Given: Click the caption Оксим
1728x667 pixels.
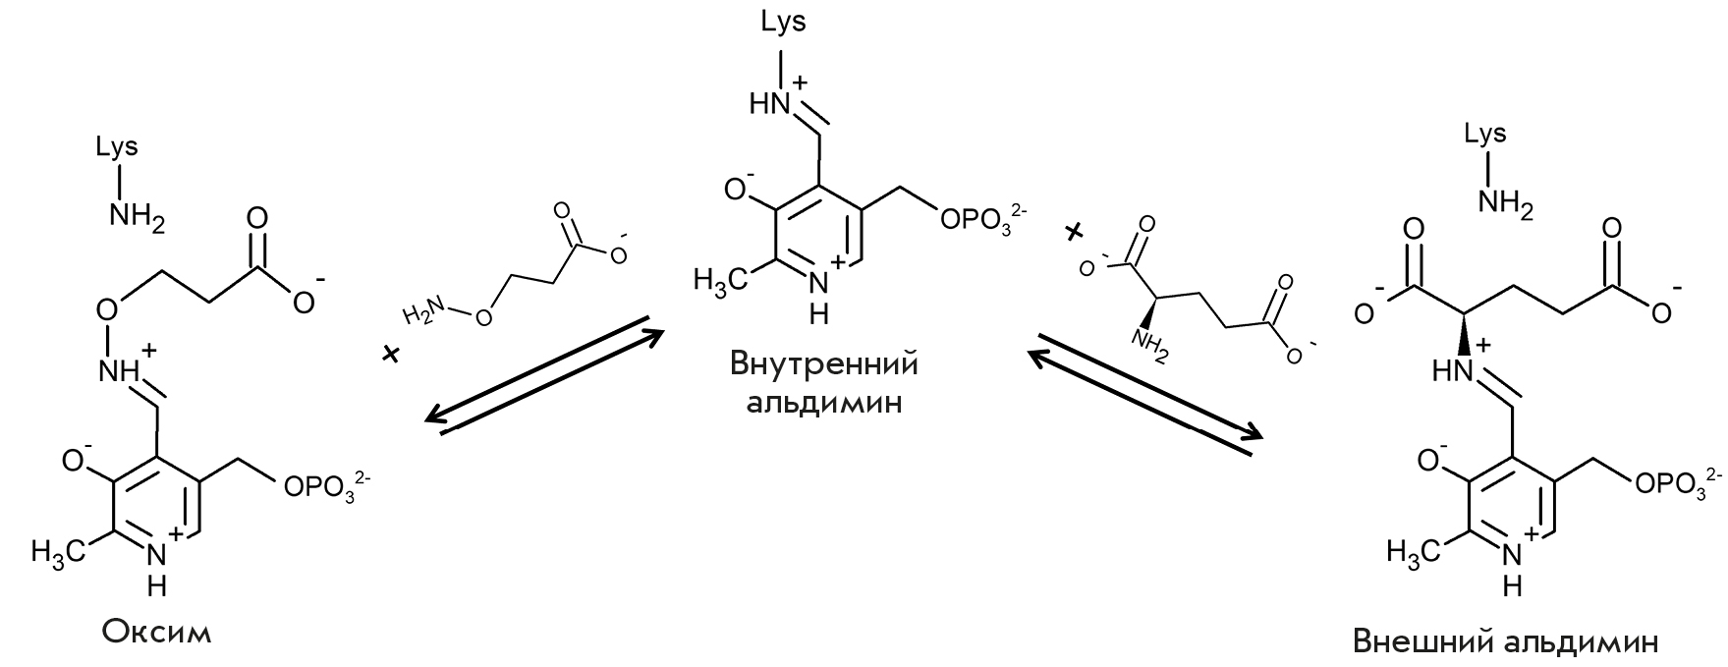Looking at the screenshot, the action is (x=157, y=630).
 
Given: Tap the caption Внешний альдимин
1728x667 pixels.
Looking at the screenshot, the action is (x=1506, y=642).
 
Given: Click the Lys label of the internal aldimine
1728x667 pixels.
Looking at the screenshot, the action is (x=783, y=22).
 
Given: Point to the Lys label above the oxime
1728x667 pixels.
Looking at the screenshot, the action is (x=117, y=148).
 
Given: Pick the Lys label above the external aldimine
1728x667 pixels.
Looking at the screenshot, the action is (x=1485, y=135).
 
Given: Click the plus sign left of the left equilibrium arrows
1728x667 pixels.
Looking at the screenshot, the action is (x=392, y=354).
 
